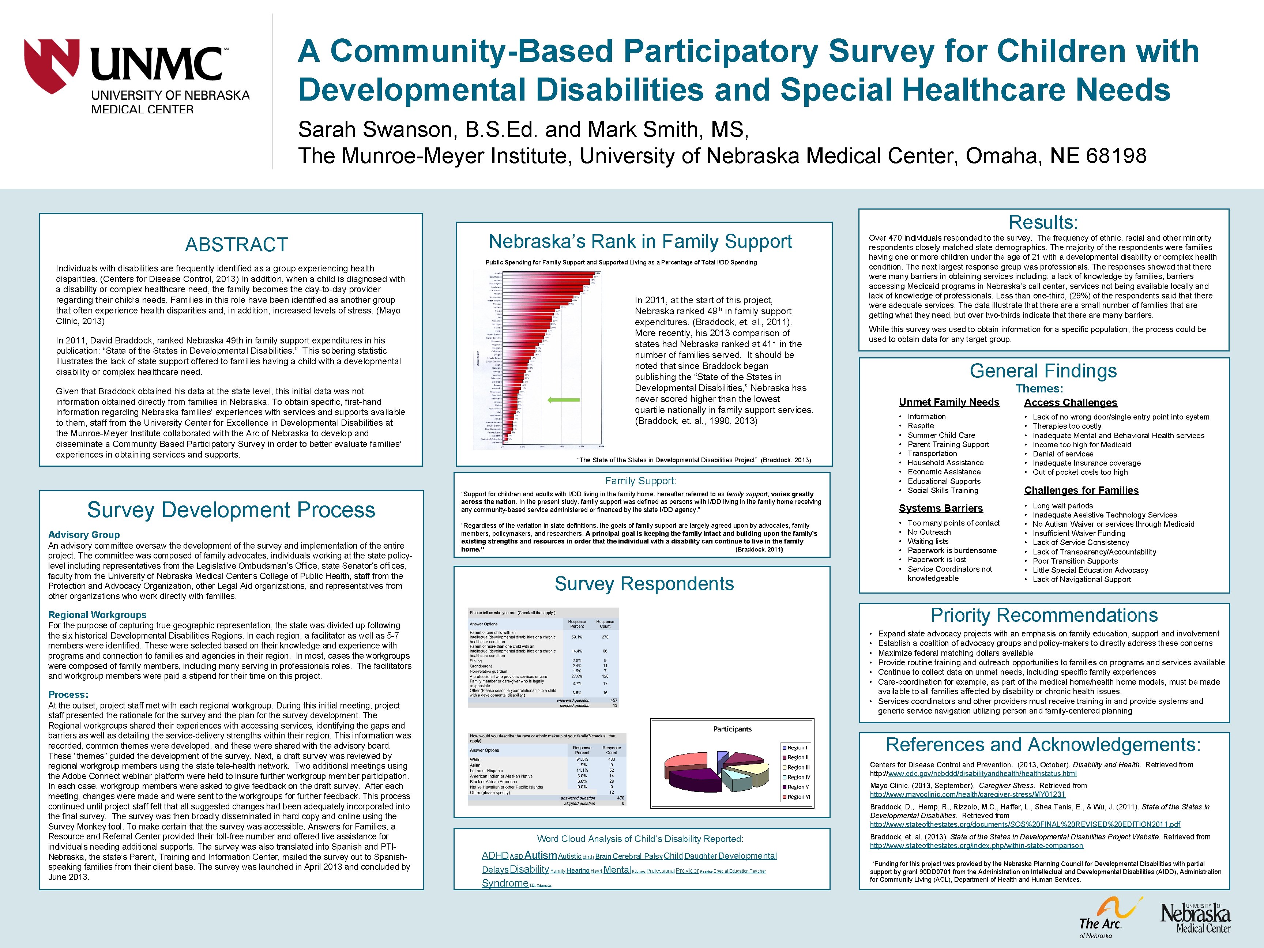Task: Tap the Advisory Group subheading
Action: point(84,535)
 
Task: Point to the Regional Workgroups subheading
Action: point(97,615)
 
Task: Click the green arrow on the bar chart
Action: point(564,400)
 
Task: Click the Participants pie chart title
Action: point(732,729)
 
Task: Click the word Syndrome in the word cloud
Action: point(505,883)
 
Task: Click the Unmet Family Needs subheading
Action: point(949,402)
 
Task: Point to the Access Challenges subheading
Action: point(1070,402)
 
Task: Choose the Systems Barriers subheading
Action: point(941,508)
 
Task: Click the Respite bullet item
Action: point(921,426)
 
